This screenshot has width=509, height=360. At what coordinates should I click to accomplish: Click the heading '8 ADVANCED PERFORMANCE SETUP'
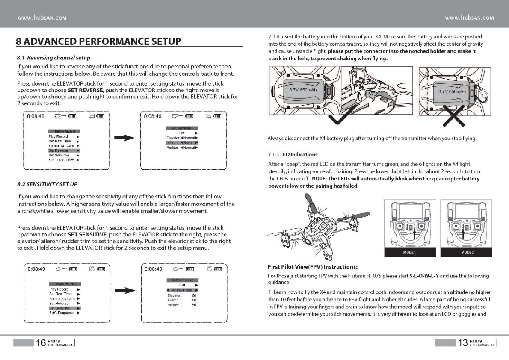coord(98,42)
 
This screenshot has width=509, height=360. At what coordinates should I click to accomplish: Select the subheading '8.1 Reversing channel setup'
coord(53,57)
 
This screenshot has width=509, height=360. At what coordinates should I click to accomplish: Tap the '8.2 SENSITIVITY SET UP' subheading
coord(47,184)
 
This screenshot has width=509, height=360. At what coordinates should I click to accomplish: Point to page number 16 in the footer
coord(41,343)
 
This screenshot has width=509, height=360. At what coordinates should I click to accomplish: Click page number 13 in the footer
coord(462,343)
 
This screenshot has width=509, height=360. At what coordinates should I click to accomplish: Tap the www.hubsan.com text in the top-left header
coord(41,18)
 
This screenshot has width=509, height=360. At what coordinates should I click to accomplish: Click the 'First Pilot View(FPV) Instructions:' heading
coord(312,267)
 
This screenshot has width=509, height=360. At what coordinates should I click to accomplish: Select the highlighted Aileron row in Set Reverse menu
coord(182,143)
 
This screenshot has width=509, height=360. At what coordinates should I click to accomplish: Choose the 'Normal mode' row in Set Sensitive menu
coord(182,290)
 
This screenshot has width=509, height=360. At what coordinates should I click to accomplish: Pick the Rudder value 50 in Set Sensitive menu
coord(194,305)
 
